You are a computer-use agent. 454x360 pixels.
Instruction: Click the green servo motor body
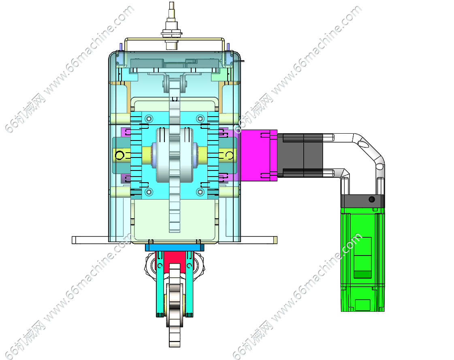363,259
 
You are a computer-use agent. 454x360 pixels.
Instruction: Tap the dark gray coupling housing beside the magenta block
300,155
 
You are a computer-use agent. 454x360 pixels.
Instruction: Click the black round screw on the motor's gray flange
372,199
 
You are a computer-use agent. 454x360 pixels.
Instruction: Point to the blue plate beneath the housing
175,247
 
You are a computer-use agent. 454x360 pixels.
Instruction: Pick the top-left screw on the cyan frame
149,119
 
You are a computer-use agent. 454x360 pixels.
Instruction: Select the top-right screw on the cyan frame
200,119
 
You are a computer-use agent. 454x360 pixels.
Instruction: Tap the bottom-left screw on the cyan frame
149,192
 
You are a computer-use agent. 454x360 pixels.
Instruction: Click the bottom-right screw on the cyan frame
200,192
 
